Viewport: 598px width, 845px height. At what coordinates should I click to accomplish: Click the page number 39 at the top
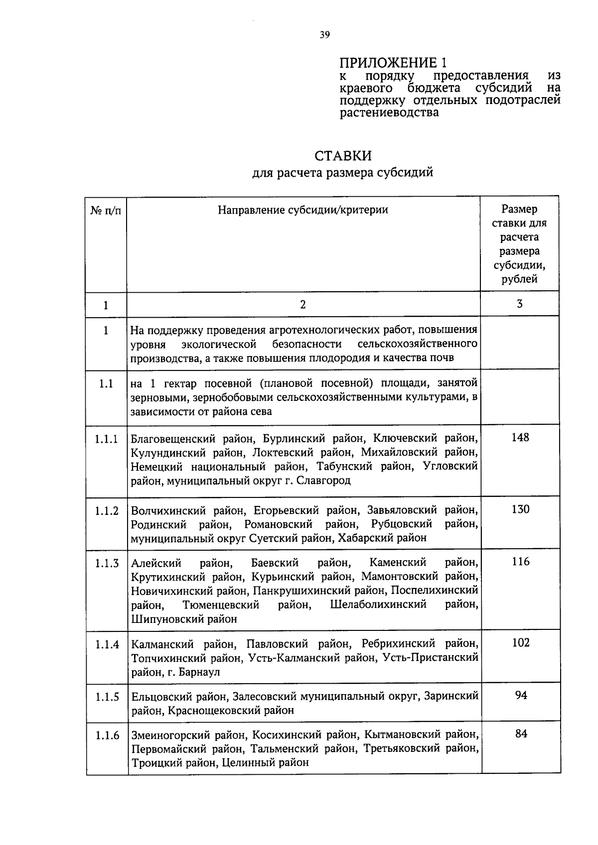[324, 34]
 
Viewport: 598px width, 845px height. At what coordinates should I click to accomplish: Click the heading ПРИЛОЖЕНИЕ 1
[393, 63]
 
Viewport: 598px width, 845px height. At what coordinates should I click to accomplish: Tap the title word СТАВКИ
[343, 156]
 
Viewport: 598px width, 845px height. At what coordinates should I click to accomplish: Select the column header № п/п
[106, 211]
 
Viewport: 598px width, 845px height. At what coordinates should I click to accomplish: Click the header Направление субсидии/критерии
[303, 210]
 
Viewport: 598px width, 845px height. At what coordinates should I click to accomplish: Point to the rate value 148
[520, 437]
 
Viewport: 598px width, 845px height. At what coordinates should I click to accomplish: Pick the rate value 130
[520, 509]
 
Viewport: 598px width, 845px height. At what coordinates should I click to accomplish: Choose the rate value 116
[520, 562]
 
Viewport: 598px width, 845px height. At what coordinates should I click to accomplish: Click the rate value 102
[520, 642]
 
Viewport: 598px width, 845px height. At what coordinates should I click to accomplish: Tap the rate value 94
[521, 695]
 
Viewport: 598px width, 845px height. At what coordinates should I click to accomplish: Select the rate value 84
[521, 733]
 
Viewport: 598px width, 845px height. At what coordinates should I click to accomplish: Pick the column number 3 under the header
[520, 304]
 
